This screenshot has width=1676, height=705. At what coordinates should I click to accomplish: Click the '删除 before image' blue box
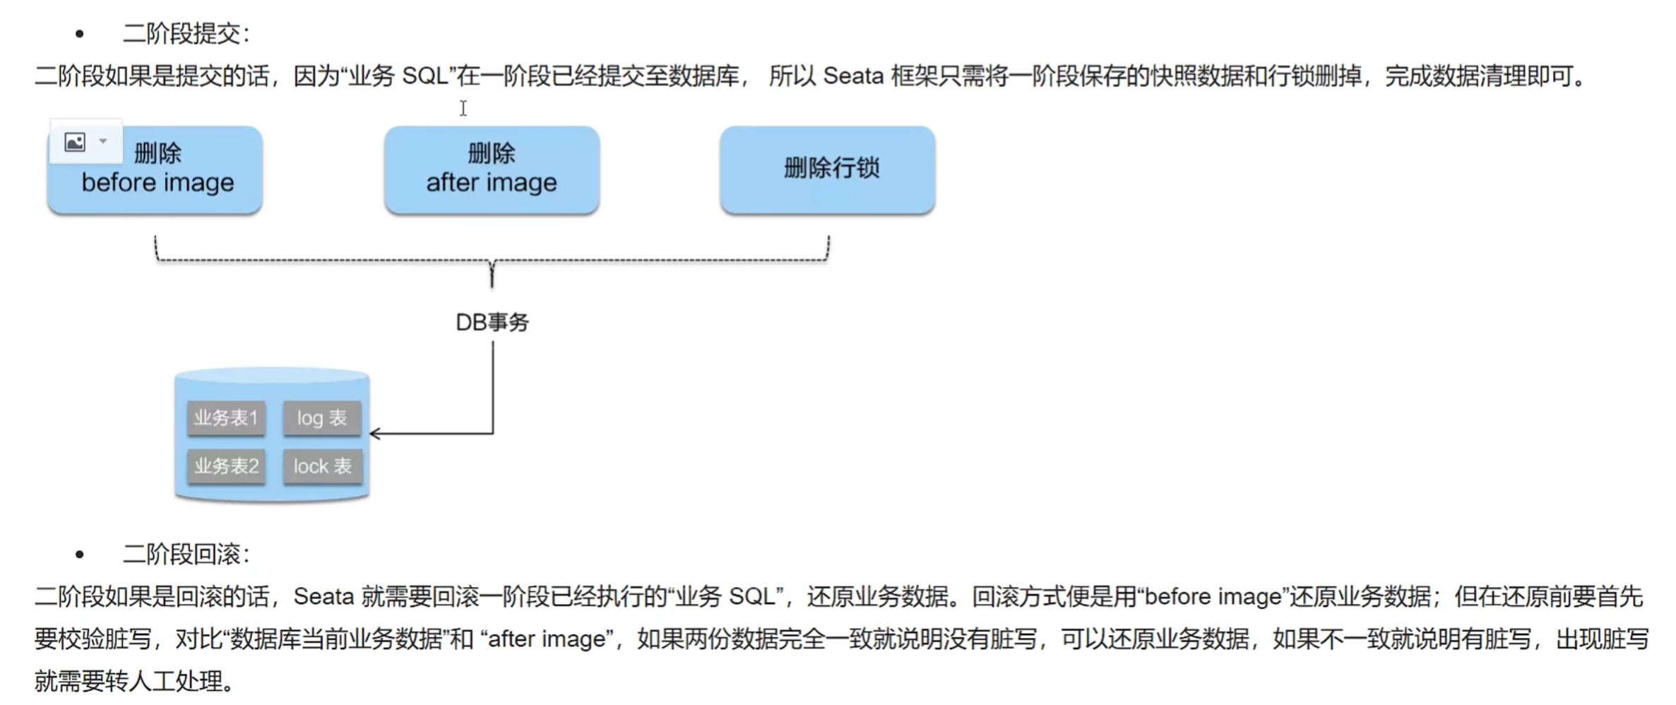[155, 170]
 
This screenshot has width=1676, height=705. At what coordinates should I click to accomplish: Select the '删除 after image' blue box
[492, 170]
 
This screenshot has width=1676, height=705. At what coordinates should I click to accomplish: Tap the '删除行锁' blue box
[828, 170]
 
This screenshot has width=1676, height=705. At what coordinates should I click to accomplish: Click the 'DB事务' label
[492, 323]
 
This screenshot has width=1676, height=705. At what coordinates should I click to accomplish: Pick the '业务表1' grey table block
[226, 418]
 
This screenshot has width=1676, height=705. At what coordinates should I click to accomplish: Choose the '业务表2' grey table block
[226, 466]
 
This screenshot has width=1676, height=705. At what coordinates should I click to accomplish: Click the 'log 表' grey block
[322, 418]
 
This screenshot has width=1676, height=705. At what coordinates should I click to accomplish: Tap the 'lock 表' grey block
[322, 466]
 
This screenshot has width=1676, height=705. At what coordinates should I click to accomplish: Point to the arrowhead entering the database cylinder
[375, 434]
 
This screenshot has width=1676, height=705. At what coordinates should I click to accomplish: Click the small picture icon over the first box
[75, 142]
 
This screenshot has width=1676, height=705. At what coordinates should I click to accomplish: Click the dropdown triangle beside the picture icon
[103, 141]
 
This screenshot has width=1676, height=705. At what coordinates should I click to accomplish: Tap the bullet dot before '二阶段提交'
[80, 34]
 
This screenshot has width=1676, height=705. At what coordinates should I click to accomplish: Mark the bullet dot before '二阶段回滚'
[80, 555]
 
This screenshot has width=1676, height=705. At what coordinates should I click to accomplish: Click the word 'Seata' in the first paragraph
[853, 76]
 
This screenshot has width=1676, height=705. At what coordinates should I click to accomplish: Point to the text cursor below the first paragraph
[463, 108]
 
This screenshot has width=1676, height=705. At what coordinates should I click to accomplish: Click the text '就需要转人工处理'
[131, 682]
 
